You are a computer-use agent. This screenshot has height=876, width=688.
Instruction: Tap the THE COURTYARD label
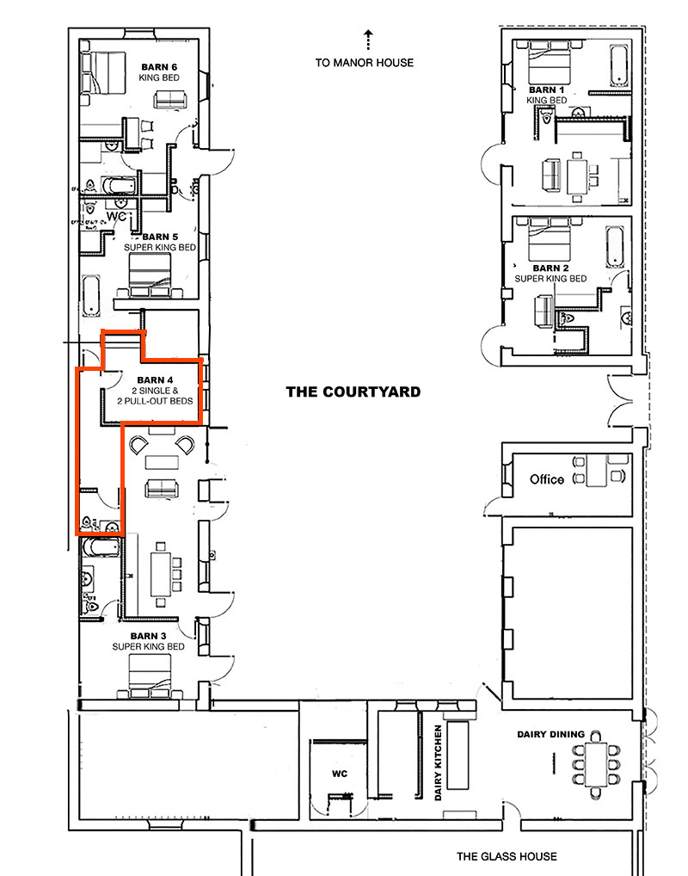353,392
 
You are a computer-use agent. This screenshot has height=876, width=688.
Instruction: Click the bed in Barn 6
105,72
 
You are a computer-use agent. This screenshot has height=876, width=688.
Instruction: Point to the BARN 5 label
160,237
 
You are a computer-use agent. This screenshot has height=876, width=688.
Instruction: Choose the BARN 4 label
156,380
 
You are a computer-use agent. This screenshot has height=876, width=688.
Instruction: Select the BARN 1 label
547,89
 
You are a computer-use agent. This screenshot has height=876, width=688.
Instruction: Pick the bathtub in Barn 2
616,247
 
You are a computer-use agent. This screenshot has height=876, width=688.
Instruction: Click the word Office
546,479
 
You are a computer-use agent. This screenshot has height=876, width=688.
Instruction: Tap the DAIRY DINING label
550,734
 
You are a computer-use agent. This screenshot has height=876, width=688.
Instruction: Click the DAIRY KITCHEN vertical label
438,761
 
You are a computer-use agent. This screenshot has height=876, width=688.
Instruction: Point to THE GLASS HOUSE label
507,856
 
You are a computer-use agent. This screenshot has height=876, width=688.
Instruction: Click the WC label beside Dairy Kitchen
340,774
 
